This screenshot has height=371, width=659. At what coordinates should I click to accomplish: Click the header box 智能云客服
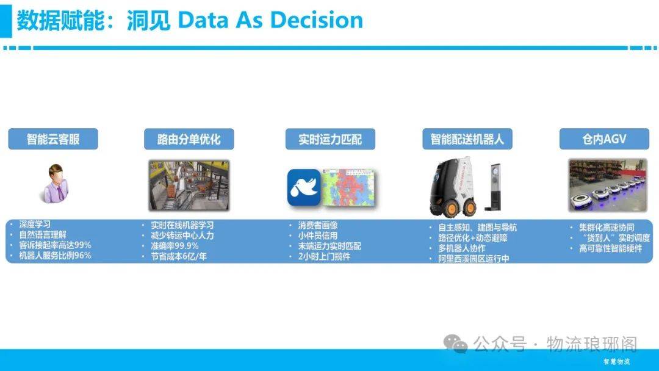[x=53, y=139]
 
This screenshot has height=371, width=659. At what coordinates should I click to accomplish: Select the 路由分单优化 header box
[x=189, y=139]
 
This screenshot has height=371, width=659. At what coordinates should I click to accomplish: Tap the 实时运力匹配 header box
[x=330, y=139]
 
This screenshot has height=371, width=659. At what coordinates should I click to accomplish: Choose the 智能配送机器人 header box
[x=467, y=139]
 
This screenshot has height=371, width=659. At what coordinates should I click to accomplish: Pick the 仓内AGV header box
[x=604, y=139]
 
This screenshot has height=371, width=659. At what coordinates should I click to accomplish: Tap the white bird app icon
[x=304, y=187]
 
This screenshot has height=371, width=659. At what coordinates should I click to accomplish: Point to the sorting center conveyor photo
[x=189, y=185]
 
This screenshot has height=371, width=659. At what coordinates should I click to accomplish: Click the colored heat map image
[x=348, y=187]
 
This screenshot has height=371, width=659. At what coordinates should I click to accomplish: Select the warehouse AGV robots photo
[x=608, y=185]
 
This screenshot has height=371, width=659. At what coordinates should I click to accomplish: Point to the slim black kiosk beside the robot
[x=494, y=187]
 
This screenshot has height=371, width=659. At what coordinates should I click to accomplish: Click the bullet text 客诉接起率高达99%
[x=55, y=245]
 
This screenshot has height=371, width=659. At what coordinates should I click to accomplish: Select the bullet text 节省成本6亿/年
[x=179, y=256]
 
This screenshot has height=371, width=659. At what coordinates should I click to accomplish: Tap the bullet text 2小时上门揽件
[x=324, y=256]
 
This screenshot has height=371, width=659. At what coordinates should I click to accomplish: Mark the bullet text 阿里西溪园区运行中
[x=474, y=259]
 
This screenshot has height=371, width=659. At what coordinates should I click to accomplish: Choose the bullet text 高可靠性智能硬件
[x=611, y=248]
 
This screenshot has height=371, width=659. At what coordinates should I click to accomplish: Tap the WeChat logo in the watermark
[x=456, y=344]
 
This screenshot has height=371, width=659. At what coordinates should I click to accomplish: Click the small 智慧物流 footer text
[x=616, y=361]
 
